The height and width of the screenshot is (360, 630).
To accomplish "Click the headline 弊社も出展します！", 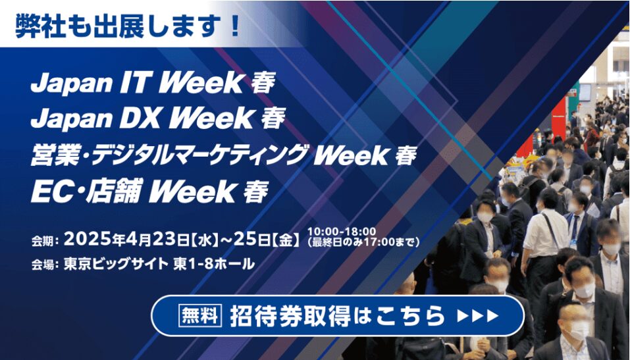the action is (128, 26).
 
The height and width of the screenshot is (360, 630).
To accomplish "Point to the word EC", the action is (47, 192).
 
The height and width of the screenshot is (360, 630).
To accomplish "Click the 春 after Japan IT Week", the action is (263, 84).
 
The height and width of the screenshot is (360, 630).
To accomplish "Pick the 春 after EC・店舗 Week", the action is (256, 192).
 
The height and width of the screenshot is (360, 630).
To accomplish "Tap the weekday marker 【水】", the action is (205, 240).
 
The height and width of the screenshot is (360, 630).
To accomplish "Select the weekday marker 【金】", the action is (286, 240).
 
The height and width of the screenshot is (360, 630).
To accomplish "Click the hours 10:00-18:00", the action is (342, 232).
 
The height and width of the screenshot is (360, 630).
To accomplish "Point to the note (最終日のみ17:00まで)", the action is (363, 242).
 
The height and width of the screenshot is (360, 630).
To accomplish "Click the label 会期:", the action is (45, 241).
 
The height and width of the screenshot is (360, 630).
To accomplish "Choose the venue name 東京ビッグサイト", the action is (116, 264).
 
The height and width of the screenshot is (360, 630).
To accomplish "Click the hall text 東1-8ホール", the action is (214, 264).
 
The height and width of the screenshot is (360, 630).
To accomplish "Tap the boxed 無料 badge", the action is (200, 315).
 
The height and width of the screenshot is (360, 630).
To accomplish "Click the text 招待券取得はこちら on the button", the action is (338, 316).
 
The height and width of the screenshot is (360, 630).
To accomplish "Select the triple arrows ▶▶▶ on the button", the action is (478, 316).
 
